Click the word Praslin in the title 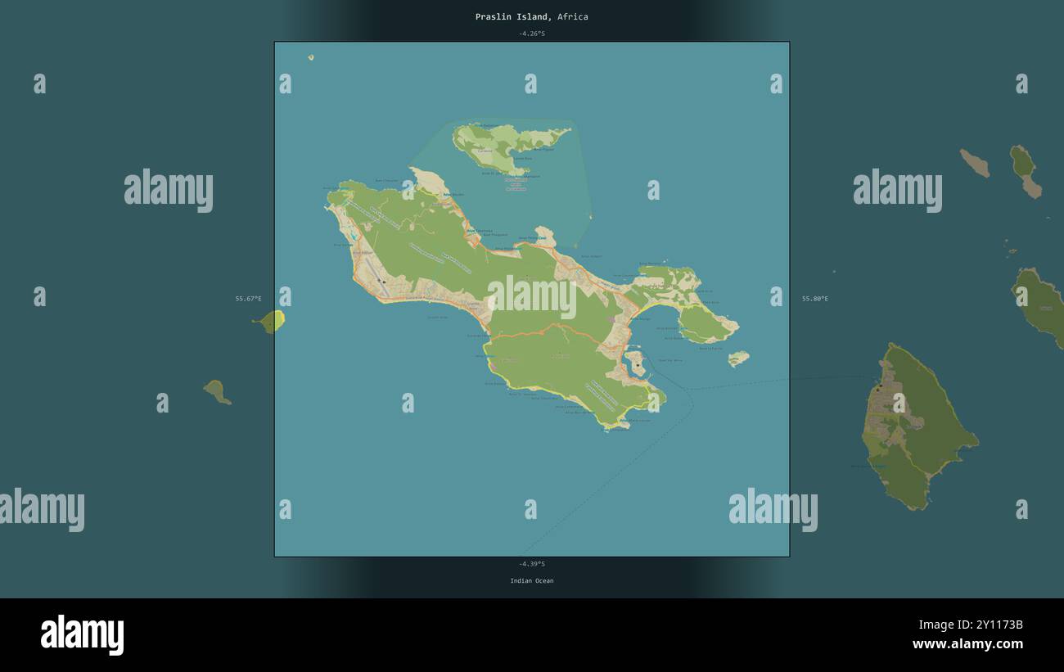[x=493, y=16]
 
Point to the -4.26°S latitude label [x=531, y=34]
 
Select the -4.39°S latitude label [x=531, y=564]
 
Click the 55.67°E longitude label [x=249, y=299]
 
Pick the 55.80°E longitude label [x=814, y=299]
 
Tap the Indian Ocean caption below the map [x=531, y=581]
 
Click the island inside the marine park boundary [x=499, y=146]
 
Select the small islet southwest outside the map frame [x=216, y=391]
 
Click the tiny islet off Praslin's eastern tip [x=738, y=358]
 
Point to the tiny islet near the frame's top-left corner [x=311, y=57]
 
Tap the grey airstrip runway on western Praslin [x=373, y=273]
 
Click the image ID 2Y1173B [x=991, y=625]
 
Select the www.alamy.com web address [x=967, y=644]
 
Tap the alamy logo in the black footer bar [x=82, y=635]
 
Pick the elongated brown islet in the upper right [x=975, y=163]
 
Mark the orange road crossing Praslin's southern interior [x=557, y=331]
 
